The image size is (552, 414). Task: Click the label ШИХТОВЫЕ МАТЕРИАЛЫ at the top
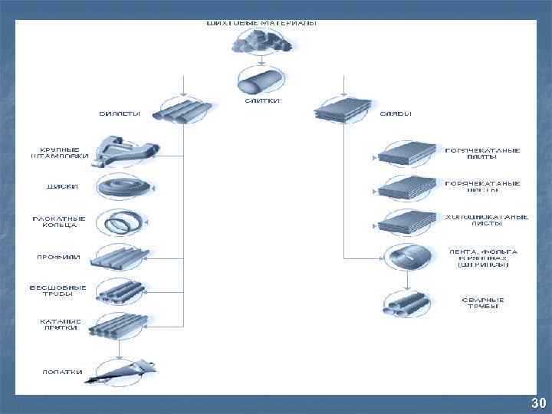(x=261, y=23)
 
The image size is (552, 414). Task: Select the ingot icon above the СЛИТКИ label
(x=260, y=80)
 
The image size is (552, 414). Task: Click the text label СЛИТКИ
(x=261, y=100)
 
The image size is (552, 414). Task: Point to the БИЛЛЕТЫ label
(x=119, y=113)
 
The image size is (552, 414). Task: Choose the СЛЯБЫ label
(x=396, y=113)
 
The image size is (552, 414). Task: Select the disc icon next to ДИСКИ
(x=123, y=187)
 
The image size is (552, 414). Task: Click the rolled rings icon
(x=123, y=224)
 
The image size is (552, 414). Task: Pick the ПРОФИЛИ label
(x=59, y=256)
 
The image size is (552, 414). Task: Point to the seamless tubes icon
(x=122, y=292)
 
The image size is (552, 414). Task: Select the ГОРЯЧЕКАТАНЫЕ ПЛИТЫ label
(x=482, y=153)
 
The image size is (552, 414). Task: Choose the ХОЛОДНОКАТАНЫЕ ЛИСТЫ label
(x=486, y=220)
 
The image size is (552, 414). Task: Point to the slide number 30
(x=538, y=403)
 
